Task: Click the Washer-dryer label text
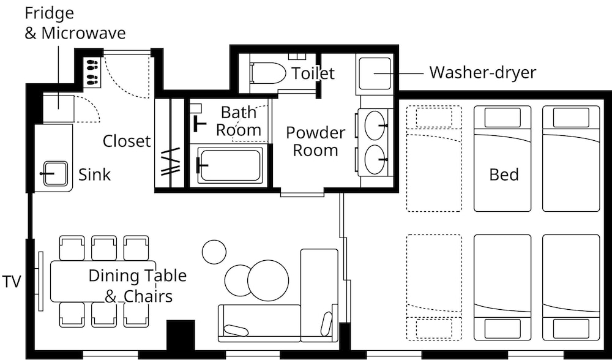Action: [483, 73]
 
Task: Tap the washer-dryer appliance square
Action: [375, 74]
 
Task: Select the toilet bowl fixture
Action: [267, 73]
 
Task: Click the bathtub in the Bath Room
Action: [229, 165]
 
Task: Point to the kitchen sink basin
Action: [55, 173]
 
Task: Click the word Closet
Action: [127, 141]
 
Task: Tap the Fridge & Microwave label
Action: [75, 23]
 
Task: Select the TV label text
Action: [12, 281]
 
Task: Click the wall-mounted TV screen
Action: [41, 281]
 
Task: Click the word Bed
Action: [504, 174]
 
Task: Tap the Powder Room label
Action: [316, 141]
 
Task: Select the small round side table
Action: [214, 252]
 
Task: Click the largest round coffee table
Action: [268, 281]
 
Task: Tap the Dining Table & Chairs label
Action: [137, 286]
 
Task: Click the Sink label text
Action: [94, 174]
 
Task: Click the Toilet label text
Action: [313, 73]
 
